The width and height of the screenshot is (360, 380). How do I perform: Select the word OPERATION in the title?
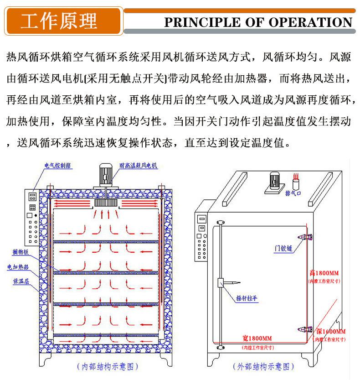(x=310, y=22)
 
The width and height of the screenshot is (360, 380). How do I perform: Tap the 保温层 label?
(x=21, y=282)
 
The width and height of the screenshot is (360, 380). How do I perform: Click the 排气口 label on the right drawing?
(x=294, y=193)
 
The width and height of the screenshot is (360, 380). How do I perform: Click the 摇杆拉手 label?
(x=247, y=299)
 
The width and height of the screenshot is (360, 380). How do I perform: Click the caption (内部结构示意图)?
(x=108, y=366)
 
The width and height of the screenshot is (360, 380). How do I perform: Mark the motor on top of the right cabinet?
(x=275, y=180)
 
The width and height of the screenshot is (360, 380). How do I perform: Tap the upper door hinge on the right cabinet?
(x=304, y=236)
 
